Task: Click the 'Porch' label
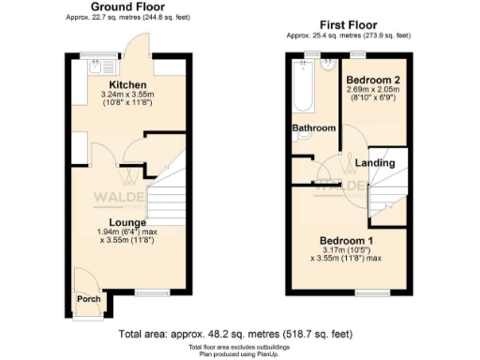click(x=88, y=300)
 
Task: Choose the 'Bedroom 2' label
click(x=372, y=80)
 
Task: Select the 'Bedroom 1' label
click(x=347, y=238)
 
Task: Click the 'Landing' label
click(x=375, y=163)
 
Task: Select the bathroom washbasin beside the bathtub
click(x=327, y=66)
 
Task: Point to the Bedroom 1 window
click(x=365, y=292)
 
